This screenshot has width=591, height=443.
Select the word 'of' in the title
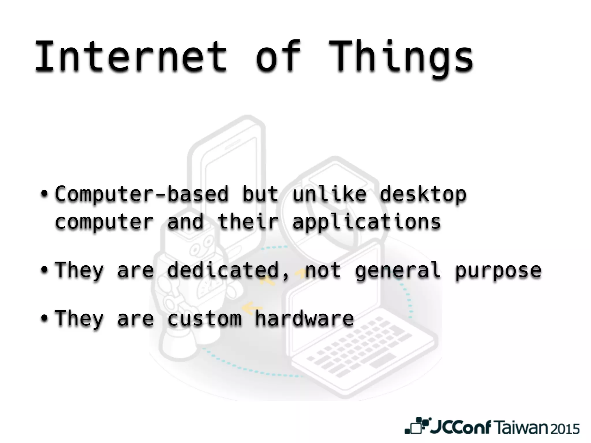click(x=278, y=56)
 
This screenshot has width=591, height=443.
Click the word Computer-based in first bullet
click(x=141, y=194)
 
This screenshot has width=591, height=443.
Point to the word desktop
click(x=423, y=194)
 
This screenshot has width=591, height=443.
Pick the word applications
click(x=366, y=222)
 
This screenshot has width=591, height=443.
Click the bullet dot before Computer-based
click(x=44, y=193)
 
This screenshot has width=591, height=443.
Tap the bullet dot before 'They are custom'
click(x=44, y=318)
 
